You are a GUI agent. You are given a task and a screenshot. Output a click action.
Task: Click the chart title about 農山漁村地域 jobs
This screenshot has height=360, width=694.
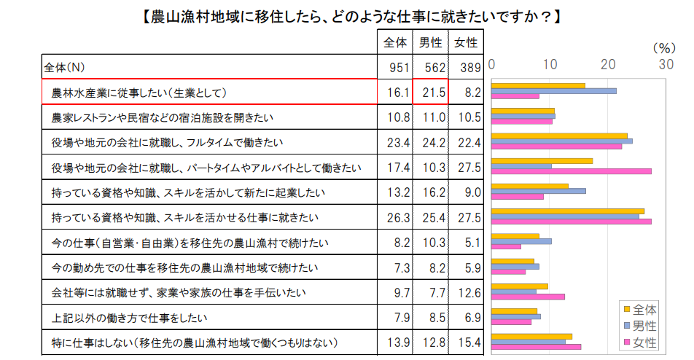[347, 15]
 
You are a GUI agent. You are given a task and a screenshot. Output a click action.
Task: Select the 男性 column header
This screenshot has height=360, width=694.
[430, 43]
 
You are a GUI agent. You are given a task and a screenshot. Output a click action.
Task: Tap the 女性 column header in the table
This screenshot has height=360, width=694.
[466, 43]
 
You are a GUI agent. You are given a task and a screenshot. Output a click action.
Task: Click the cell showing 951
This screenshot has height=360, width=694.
[395, 68]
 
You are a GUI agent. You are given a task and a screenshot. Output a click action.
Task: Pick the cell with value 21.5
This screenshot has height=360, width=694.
[430, 93]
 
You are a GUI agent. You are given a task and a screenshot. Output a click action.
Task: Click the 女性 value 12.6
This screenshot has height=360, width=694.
[466, 293]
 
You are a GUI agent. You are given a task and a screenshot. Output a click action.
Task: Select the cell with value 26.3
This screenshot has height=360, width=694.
[395, 218]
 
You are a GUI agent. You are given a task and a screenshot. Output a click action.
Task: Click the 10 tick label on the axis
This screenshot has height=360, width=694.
[550, 64]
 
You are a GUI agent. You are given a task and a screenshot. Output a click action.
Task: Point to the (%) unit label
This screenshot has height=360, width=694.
[663, 48]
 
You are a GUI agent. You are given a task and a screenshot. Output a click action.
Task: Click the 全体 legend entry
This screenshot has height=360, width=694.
[640, 309]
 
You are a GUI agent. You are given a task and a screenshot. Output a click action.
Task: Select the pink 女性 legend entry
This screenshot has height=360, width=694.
[640, 342]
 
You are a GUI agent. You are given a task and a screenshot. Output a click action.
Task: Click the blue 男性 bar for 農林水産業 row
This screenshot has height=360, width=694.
[554, 91]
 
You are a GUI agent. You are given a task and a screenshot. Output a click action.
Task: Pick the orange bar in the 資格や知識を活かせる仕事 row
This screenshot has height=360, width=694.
[568, 211]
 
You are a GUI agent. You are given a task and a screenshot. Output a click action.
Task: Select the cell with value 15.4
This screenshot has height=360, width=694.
[466, 343]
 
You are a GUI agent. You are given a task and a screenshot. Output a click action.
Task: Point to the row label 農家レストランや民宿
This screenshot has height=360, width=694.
[146, 117]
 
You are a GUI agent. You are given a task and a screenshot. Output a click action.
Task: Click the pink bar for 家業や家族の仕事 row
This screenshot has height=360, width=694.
[529, 297]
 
